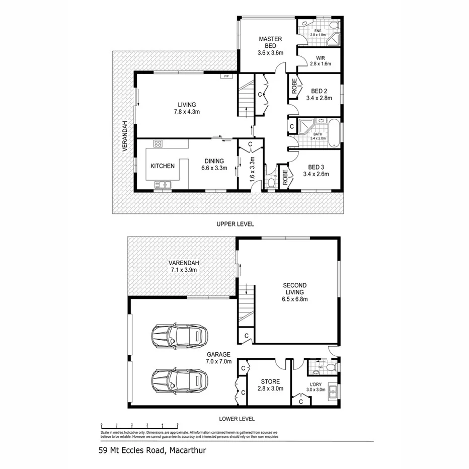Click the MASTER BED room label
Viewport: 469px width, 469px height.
[270, 46]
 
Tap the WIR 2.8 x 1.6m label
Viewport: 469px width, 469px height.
[321, 61]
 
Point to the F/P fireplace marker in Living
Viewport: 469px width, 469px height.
[227, 76]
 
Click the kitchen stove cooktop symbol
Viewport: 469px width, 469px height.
[158, 144]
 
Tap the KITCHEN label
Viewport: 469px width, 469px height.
[163, 166]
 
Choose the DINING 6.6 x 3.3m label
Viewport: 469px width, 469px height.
[214, 165]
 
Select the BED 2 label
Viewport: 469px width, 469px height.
[319, 95]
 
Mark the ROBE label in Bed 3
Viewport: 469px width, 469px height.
[284, 177]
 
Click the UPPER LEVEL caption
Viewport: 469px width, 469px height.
[235, 223]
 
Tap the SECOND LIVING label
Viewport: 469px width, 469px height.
[294, 292]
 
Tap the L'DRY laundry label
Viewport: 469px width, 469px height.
[317, 386]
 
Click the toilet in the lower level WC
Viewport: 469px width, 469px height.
[330, 368]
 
